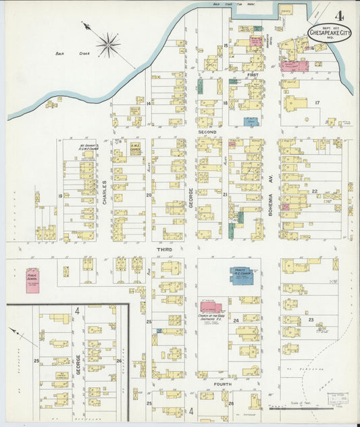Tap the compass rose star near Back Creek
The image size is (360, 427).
[107, 45]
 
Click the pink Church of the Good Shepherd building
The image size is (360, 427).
[211, 308]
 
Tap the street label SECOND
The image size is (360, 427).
[207, 131]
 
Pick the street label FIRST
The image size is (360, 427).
[252, 74]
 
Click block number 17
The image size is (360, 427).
[316, 102]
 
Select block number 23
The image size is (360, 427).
[311, 319]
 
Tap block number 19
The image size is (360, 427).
[60, 196]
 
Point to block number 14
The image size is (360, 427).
[148, 103]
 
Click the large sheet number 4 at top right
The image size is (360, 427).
[338, 14]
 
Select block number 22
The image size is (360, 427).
[315, 192]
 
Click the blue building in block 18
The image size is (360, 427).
[251, 122]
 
